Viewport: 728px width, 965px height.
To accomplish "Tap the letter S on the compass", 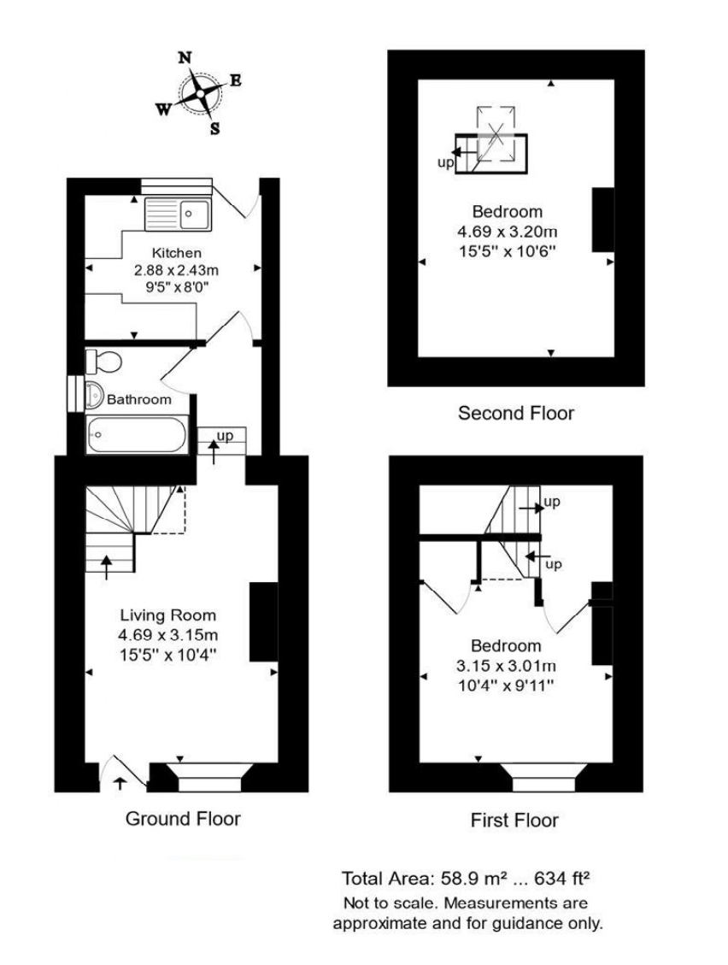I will [214, 129].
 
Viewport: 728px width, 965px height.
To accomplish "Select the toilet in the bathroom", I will [103, 361].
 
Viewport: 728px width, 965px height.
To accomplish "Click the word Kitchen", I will [176, 253].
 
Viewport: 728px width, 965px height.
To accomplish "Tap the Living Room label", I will [167, 615].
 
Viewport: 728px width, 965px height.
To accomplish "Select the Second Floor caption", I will [516, 414].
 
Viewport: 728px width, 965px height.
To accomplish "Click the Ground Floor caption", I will [183, 819].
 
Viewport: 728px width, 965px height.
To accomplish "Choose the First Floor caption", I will [514, 821].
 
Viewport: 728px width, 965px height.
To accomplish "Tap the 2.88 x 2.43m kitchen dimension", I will [176, 269].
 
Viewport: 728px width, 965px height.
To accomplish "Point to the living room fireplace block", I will [263, 621].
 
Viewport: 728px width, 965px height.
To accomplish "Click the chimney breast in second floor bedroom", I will [603, 220].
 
